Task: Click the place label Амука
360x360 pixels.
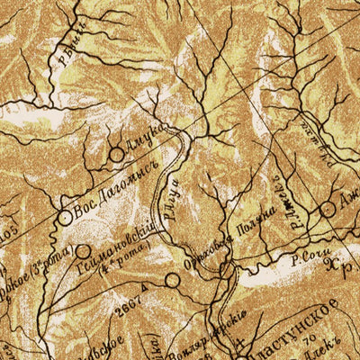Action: click(x=142, y=139)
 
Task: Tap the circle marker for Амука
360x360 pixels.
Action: click(x=116, y=155)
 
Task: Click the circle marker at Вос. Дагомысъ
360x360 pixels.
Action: click(x=65, y=217)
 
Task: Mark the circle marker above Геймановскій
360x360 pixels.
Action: click(x=83, y=252)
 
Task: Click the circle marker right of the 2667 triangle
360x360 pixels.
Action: click(x=172, y=281)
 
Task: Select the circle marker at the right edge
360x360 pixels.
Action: click(x=328, y=209)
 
